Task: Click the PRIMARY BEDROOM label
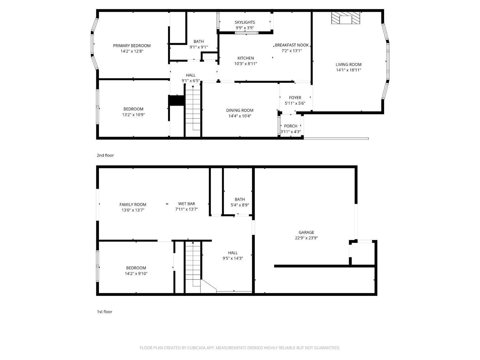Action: pyautogui.click(x=132, y=46)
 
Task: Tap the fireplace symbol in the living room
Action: pyautogui.click(x=346, y=18)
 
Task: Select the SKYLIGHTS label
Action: pyautogui.click(x=245, y=22)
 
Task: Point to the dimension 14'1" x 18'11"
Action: pyautogui.click(x=348, y=70)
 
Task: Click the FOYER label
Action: pyautogui.click(x=295, y=98)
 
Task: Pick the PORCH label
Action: pyautogui.click(x=291, y=126)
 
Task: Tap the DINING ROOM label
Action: pyautogui.click(x=240, y=110)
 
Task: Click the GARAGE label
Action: pyautogui.click(x=306, y=232)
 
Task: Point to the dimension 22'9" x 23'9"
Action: pyautogui.click(x=306, y=238)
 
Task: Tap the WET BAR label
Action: pyautogui.click(x=187, y=204)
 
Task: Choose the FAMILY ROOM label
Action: pyautogui.click(x=133, y=204)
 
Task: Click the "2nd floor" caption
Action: pyautogui.click(x=105, y=156)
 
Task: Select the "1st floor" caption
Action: pyautogui.click(x=105, y=312)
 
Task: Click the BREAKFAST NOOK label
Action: pyautogui.click(x=292, y=45)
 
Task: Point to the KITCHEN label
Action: pyautogui.click(x=245, y=58)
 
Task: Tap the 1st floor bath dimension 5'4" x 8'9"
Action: pyautogui.click(x=240, y=205)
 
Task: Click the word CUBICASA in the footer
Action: pyautogui.click(x=196, y=348)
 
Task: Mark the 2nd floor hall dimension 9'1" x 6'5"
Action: pyautogui.click(x=191, y=81)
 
